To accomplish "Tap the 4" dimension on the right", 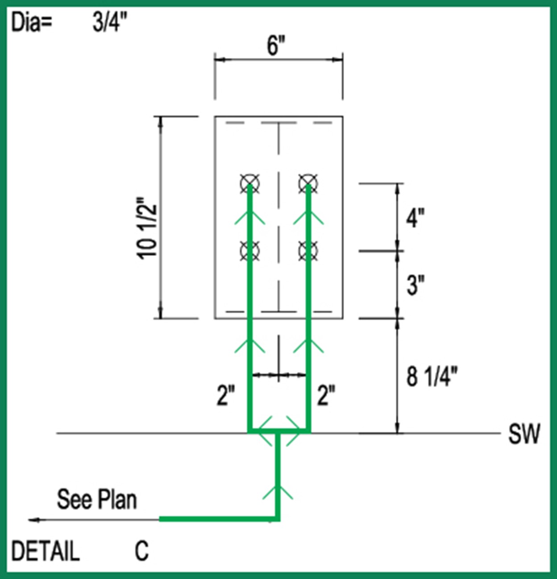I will [x=415, y=218].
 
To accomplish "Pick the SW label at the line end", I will [x=524, y=434].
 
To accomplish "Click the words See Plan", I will [x=97, y=499].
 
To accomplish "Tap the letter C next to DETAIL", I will [x=141, y=551].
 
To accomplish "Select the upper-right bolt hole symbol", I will [x=308, y=183].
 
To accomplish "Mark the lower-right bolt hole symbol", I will [x=308, y=251].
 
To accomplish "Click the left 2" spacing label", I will [x=226, y=395].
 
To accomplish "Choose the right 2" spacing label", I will [x=326, y=395].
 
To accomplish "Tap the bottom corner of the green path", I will [x=278, y=519].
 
